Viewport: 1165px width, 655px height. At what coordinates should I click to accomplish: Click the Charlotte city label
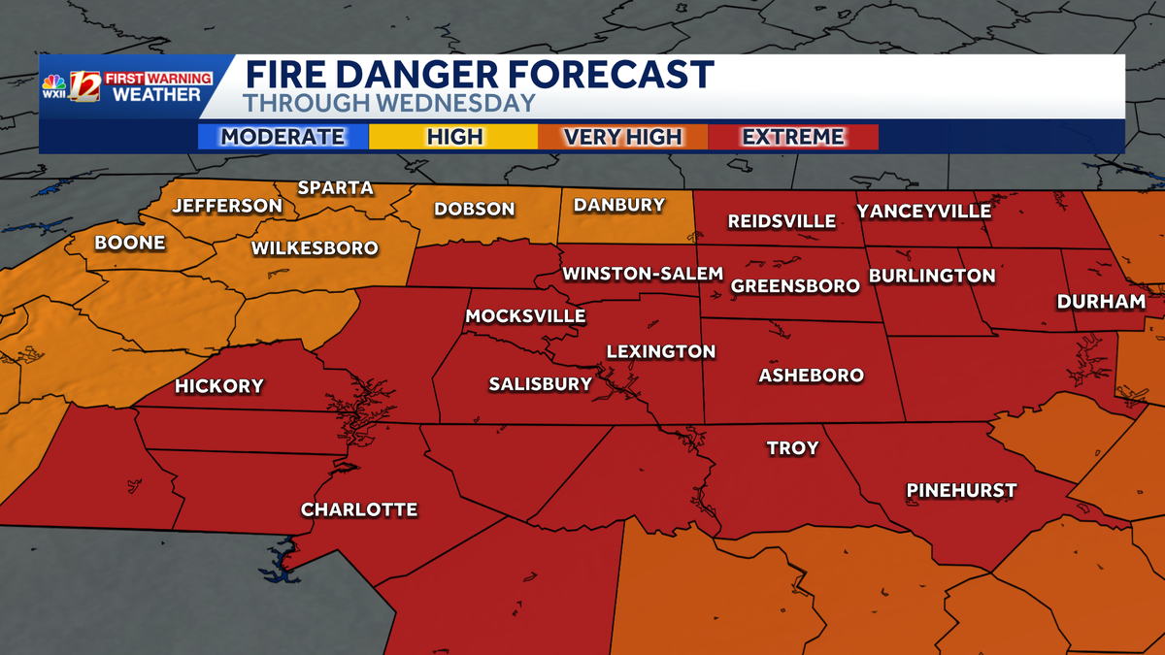click(x=359, y=509)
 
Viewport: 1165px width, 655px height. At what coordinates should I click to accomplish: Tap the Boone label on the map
click(x=130, y=244)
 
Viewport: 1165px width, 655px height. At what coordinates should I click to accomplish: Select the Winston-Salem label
click(x=644, y=274)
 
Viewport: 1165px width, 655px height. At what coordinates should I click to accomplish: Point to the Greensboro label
click(x=795, y=286)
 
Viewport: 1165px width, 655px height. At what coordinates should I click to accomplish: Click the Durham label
click(x=1101, y=302)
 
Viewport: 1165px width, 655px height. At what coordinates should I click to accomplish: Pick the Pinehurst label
click(x=961, y=490)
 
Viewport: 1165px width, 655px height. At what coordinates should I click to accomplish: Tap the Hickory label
click(x=219, y=386)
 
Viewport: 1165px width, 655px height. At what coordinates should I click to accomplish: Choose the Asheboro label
click(x=812, y=376)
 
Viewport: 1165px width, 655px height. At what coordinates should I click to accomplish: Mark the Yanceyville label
click(x=923, y=212)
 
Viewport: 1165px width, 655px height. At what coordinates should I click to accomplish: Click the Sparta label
click(x=335, y=188)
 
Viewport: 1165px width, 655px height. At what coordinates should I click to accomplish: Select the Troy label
click(x=793, y=448)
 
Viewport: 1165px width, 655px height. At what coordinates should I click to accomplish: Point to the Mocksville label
click(x=525, y=316)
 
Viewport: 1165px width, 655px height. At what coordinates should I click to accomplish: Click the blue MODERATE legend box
click(x=283, y=137)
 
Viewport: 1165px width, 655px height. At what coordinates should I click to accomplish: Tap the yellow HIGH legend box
click(x=454, y=137)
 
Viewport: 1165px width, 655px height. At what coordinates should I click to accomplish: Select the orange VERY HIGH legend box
click(x=623, y=137)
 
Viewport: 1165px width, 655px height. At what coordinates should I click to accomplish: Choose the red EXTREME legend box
click(x=793, y=137)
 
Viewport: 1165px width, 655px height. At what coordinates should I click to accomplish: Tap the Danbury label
click(x=619, y=205)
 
